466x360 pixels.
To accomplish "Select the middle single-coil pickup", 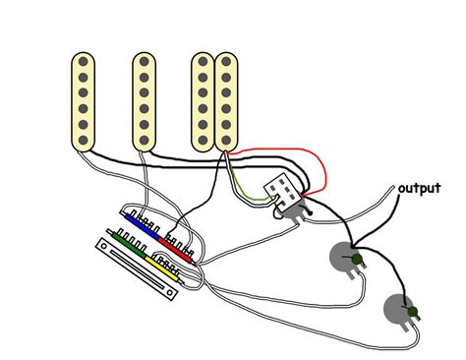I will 146,101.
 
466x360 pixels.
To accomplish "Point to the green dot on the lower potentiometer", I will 414,313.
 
